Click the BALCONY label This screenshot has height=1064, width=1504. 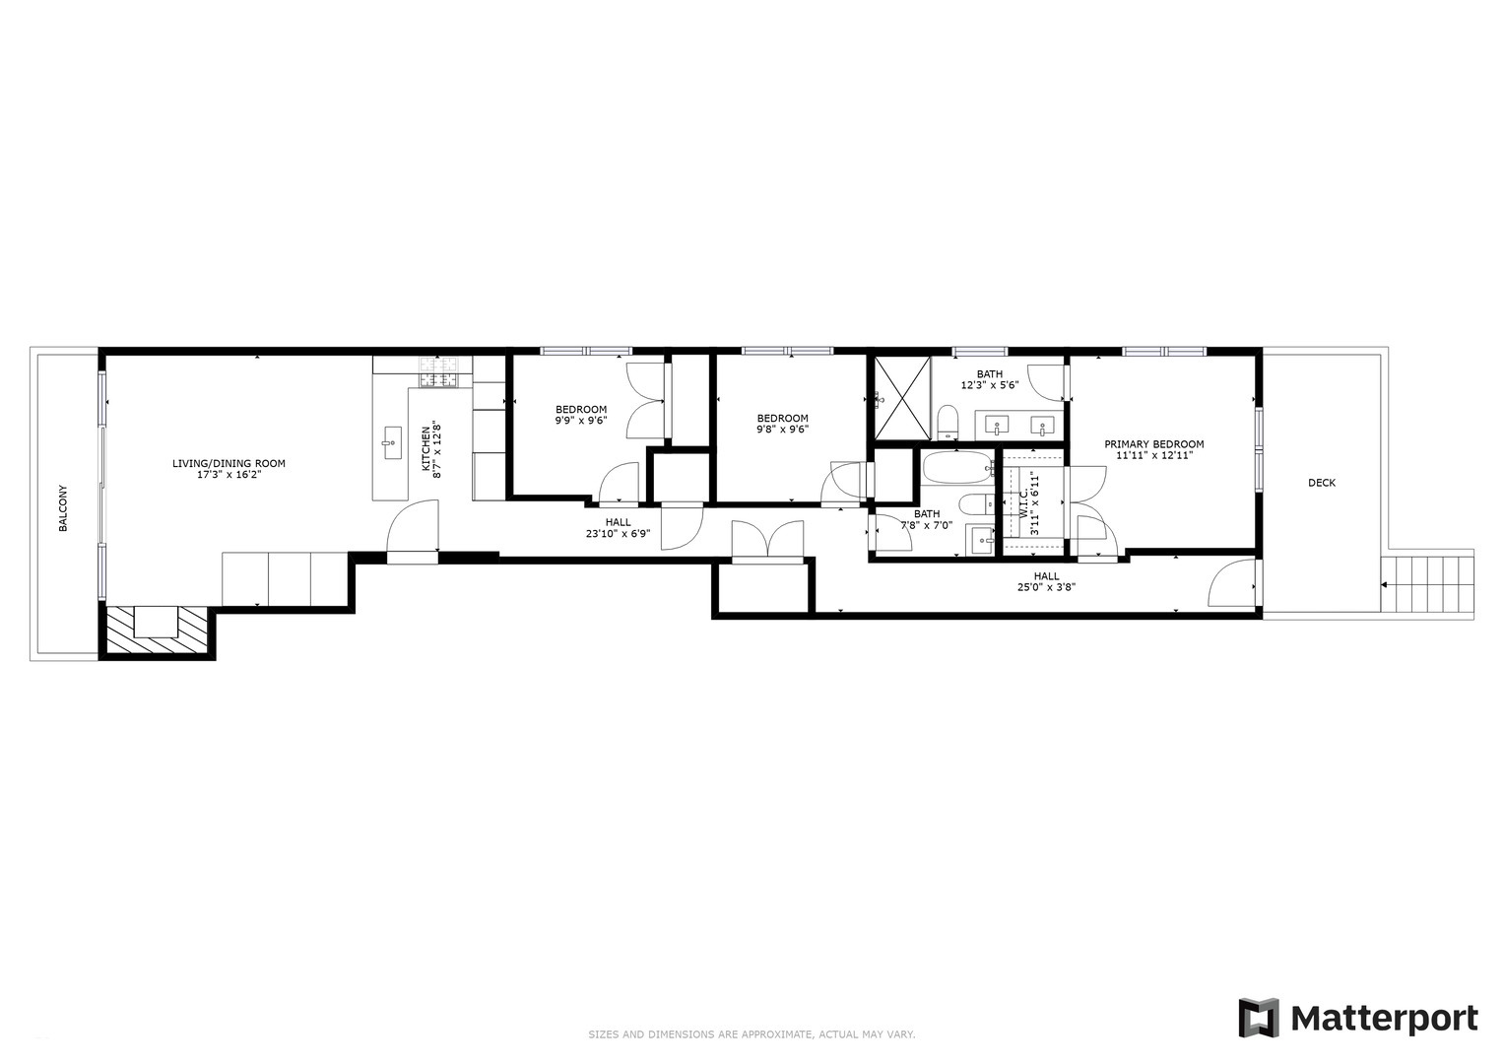pos(63,507)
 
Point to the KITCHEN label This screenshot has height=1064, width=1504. pos(426,449)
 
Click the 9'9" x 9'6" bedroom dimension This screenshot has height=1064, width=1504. pos(581,420)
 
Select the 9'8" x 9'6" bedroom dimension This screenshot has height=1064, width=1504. pos(782,429)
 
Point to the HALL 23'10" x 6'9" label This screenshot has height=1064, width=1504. pos(618,528)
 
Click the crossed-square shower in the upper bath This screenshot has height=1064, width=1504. pos(902,398)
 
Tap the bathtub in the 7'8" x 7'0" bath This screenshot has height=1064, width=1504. pos(957,467)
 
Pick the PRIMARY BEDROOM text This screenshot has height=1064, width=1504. pos(1153,444)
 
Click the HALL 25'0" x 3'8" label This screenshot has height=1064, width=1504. pos(1046,581)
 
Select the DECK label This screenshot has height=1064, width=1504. pos(1321,483)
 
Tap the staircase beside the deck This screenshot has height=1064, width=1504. pos(1427,584)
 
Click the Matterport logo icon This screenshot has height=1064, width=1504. pos(1258,1018)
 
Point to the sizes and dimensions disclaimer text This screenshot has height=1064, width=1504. pos(752,1034)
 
